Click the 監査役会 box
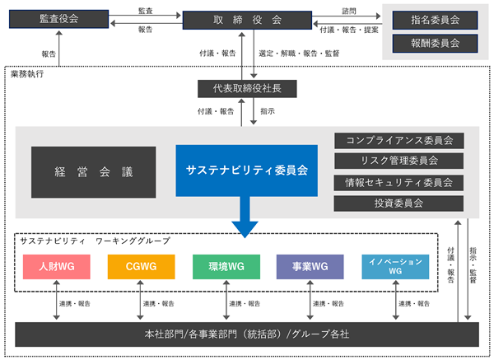59,19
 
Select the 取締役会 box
247,20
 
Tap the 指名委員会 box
435,20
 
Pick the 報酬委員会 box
435,43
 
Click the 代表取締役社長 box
247,89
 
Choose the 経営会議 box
94,172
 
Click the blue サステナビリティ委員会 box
247,171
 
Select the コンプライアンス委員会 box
398,141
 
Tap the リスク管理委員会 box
398,161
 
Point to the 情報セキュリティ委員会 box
398,183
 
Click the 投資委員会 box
398,203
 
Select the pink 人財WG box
57,267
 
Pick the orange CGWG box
141,267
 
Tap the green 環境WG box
226,267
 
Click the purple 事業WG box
310,267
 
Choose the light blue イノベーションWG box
395,267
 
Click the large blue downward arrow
245,217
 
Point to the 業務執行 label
27,74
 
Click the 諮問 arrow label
349,11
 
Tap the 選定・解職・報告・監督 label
299,54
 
